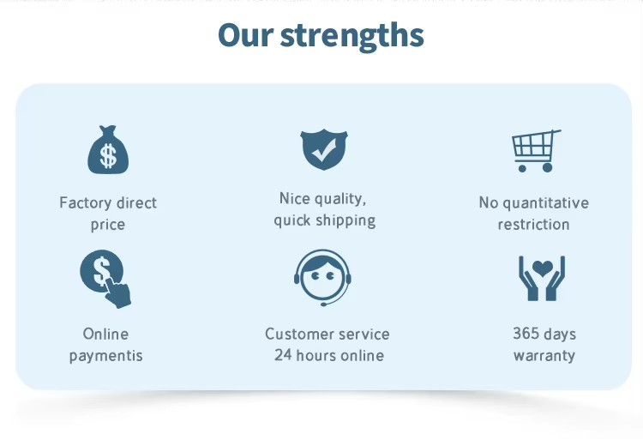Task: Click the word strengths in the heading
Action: click(352, 36)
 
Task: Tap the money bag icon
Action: click(108, 150)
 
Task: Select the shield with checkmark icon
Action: click(324, 149)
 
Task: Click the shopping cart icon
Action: click(536, 151)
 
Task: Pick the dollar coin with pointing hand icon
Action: click(105, 279)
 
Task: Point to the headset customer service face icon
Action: click(322, 278)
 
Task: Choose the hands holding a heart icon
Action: click(542, 279)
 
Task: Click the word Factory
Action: click(85, 203)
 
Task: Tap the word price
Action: click(108, 225)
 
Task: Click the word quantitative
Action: click(546, 203)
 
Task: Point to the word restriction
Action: click(533, 225)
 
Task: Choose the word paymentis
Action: click(105, 356)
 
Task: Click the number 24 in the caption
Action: click(283, 355)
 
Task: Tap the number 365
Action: click(526, 334)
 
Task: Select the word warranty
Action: click(544, 356)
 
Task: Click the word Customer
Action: click(298, 334)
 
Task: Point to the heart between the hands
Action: click(543, 268)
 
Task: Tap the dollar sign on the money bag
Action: click(108, 156)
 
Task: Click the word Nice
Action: click(294, 198)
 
